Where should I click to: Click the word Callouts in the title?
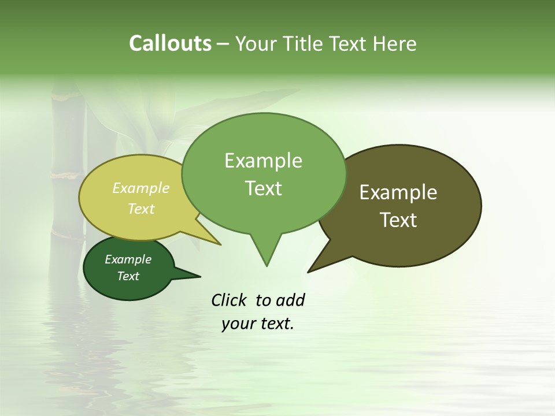(170, 44)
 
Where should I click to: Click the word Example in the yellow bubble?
(141, 188)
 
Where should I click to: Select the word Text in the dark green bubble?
(128, 276)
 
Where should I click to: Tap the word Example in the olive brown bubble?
(398, 192)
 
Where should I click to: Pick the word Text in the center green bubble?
(264, 188)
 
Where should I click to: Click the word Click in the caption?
(229, 300)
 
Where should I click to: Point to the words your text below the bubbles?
(258, 324)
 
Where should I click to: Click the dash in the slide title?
(223, 44)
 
